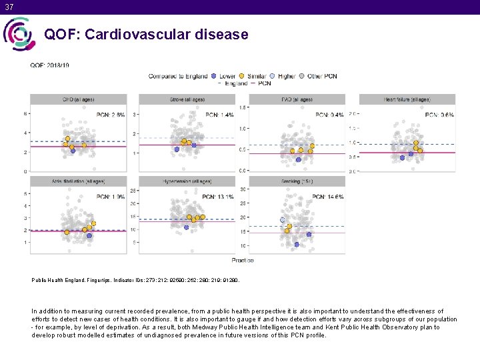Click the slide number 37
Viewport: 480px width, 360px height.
click(8, 6)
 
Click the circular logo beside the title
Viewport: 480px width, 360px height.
click(18, 33)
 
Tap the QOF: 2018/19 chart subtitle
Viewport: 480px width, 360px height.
click(49, 65)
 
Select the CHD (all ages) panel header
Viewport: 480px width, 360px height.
click(78, 99)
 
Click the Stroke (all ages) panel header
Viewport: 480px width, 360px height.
click(187, 99)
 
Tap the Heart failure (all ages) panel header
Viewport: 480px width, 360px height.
click(407, 99)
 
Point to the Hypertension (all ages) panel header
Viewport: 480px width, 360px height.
click(187, 181)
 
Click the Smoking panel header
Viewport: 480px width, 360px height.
click(297, 181)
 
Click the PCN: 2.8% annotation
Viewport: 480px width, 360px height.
click(111, 115)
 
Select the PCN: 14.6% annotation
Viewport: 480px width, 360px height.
click(330, 197)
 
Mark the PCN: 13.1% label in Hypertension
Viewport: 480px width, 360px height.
click(220, 197)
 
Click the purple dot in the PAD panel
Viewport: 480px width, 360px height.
click(298, 159)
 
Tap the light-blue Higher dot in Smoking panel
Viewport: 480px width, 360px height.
click(282, 219)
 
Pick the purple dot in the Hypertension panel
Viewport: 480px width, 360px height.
click(186, 227)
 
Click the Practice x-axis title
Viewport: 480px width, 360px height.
click(242, 259)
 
